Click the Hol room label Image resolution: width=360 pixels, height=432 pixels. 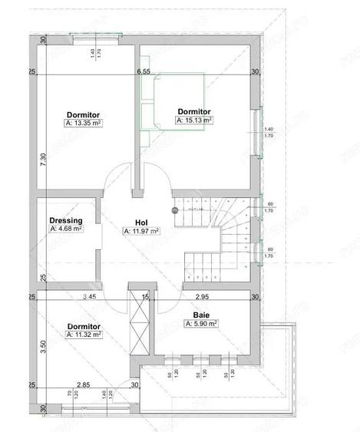pyautogui.click(x=140, y=221)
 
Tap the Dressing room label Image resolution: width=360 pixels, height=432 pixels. pyautogui.click(x=66, y=219)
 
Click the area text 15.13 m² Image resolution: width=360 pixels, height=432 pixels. pyautogui.click(x=194, y=120)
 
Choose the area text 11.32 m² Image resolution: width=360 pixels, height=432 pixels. pyautogui.click(x=84, y=335)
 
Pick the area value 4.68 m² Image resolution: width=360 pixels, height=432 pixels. pyautogui.click(x=66, y=228)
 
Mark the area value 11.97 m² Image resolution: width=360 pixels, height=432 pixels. pyautogui.click(x=140, y=230)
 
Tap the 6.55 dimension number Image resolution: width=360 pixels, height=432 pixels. pyautogui.click(x=143, y=71)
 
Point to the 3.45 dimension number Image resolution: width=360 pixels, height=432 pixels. pyautogui.click(x=89, y=295)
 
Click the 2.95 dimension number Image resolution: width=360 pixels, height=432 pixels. pyautogui.click(x=201, y=295)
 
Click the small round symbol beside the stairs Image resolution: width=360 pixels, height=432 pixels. pyautogui.click(x=174, y=209)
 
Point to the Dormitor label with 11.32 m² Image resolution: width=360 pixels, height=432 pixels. pyautogui.click(x=83, y=326)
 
